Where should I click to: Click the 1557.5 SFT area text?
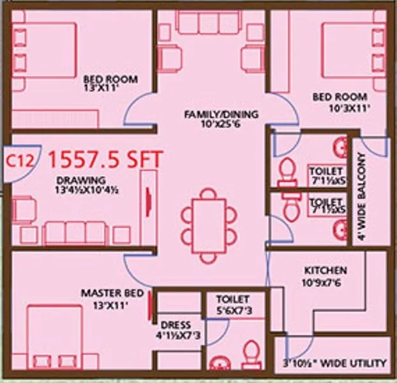[105, 157]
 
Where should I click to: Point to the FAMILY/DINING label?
[221, 115]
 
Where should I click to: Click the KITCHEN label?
[326, 271]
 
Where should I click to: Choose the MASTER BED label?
[107, 294]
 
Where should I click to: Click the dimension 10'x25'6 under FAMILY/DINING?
[221, 125]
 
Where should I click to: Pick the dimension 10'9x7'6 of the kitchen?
[326, 282]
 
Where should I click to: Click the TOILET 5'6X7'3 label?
[232, 304]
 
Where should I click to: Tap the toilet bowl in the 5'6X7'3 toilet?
[252, 354]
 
